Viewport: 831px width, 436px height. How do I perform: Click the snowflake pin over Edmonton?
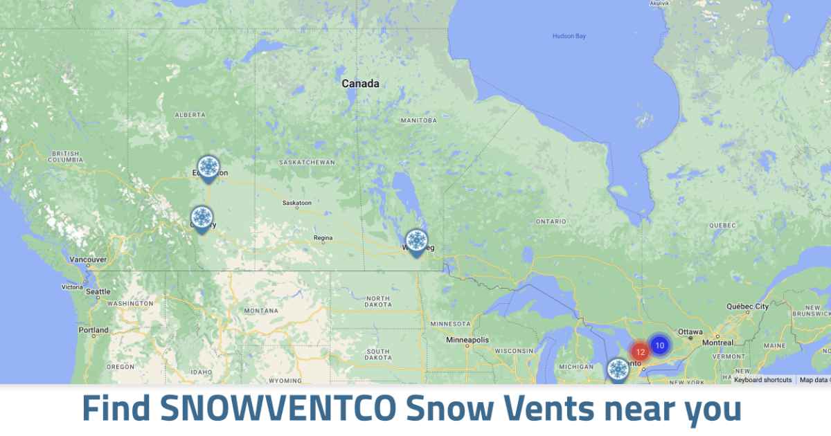coord(208,167)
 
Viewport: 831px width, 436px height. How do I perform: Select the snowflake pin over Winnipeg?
coord(415,242)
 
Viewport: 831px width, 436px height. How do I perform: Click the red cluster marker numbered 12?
coord(640,352)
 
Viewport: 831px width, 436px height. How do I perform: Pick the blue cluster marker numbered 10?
coord(659,345)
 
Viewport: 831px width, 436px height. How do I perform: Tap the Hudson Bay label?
coord(569,36)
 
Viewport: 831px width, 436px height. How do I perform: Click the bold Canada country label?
coord(360,84)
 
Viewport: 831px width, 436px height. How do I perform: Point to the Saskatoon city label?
coord(297,203)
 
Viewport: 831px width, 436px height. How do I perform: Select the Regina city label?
coord(323,237)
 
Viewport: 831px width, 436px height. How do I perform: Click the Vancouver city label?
coord(88,260)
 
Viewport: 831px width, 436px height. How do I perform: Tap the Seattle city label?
coord(98,291)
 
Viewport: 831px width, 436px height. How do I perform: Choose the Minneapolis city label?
coord(467,340)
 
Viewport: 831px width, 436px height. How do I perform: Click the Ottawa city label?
coord(690,332)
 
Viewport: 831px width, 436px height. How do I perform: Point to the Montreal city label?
coord(717,343)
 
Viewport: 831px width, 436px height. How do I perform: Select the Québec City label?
coord(747,306)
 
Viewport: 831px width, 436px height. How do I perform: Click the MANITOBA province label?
coord(419,120)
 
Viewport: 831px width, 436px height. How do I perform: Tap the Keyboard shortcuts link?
coord(762,380)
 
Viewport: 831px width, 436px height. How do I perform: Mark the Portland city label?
coord(93,330)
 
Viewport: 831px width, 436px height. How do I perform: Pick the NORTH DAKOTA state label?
coord(377,301)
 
